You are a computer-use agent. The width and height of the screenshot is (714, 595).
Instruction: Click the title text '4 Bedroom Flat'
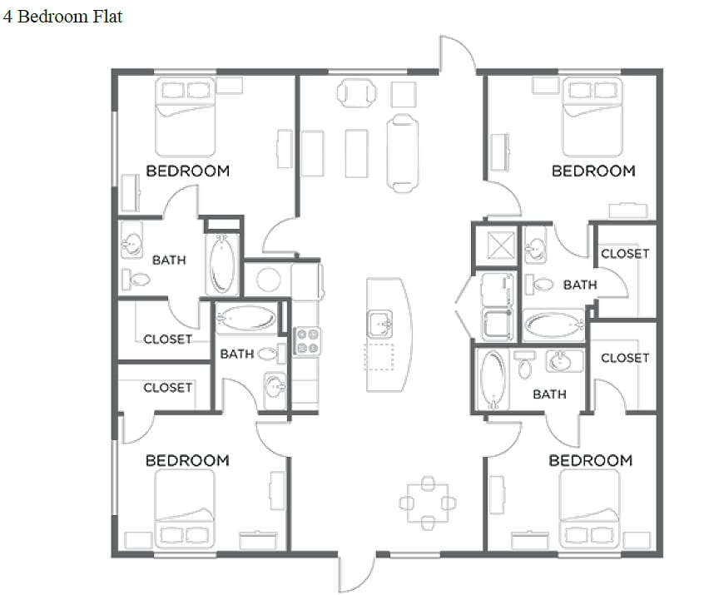click(x=62, y=16)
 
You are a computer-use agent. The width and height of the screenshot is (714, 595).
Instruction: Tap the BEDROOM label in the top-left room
click(x=187, y=171)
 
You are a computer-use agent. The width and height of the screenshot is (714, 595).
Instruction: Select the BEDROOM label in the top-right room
click(x=593, y=171)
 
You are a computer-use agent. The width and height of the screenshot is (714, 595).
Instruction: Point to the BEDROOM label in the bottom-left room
click(x=187, y=460)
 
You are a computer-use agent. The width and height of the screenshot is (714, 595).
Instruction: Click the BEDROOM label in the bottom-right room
click(x=591, y=460)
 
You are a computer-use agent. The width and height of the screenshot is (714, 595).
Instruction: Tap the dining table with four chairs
click(x=428, y=503)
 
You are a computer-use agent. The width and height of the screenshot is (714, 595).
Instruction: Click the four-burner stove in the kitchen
click(x=307, y=341)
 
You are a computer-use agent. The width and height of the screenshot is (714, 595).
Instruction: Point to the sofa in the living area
click(x=401, y=152)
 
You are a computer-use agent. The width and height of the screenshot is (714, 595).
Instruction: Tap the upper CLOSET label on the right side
click(x=624, y=254)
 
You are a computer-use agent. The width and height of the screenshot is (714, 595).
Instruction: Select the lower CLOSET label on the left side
click(x=167, y=388)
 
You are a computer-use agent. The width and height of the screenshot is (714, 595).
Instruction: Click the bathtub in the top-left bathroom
click(x=221, y=264)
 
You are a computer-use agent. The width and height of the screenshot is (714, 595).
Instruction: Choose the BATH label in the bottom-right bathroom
click(x=549, y=394)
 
